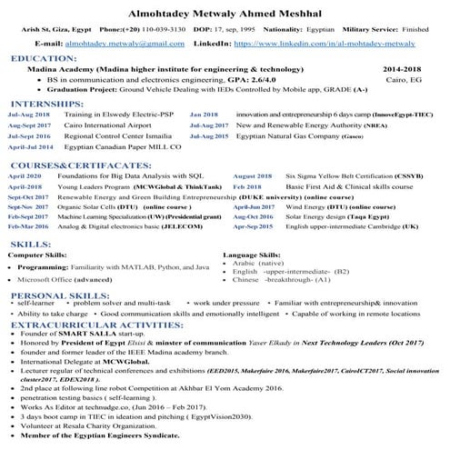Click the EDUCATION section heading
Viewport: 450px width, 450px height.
pyautogui.click(x=44, y=57)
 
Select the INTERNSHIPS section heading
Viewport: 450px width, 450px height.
pyautogui.click(x=47, y=105)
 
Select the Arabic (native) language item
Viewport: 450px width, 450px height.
pyautogui.click(x=266, y=263)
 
